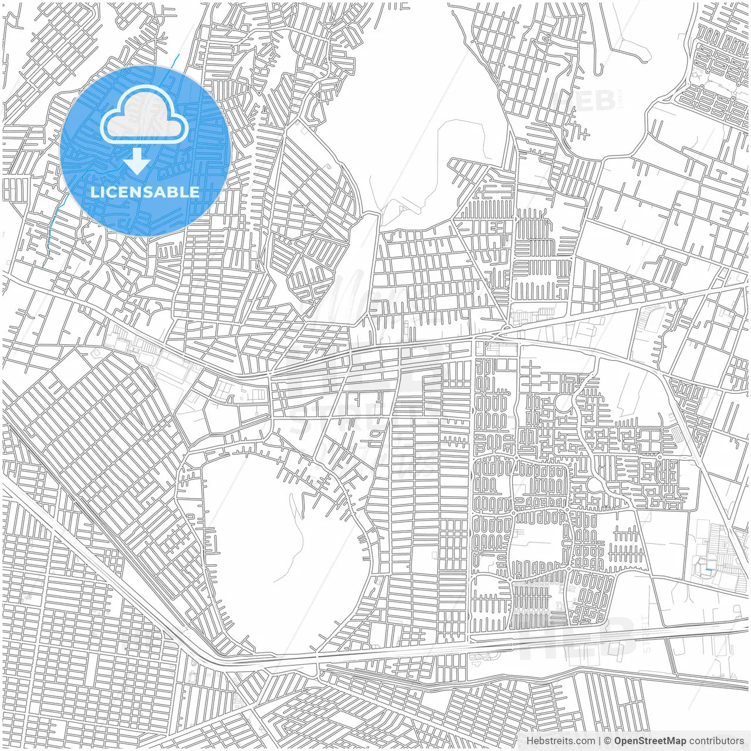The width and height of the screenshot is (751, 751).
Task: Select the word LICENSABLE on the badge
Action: pyautogui.click(x=144, y=192)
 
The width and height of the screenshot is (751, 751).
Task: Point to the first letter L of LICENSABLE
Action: pyautogui.click(x=94, y=192)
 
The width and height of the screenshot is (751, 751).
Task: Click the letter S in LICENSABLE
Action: pyautogui.click(x=148, y=192)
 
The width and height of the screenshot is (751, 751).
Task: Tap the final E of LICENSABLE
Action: pyautogui.click(x=195, y=192)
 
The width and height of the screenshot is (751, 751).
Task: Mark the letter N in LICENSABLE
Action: pyautogui.click(x=136, y=192)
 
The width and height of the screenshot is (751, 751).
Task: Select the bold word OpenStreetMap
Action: pyautogui.click(x=650, y=741)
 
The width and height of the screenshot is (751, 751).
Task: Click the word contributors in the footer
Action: pyautogui.click(x=716, y=741)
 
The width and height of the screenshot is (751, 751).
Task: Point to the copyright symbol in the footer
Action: pyautogui.click(x=608, y=741)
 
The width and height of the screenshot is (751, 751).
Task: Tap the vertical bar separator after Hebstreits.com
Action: pyautogui.click(x=600, y=741)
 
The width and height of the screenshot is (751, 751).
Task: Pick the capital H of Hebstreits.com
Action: pyautogui.click(x=529, y=741)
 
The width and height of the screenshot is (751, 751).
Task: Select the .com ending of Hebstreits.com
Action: pyautogui.click(x=585, y=741)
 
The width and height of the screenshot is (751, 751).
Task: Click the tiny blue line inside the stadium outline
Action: pyautogui.click(x=709, y=569)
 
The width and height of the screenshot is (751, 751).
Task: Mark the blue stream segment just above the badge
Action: pyautogui.click(x=177, y=59)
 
